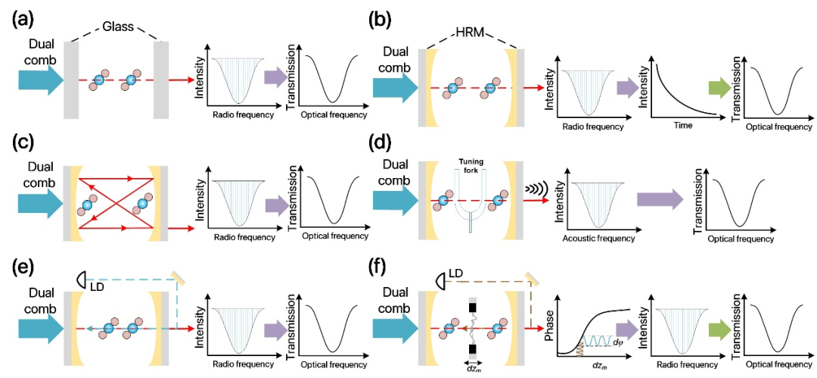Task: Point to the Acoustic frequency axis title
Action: [x=598, y=239]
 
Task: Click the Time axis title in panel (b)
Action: [x=687, y=126]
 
